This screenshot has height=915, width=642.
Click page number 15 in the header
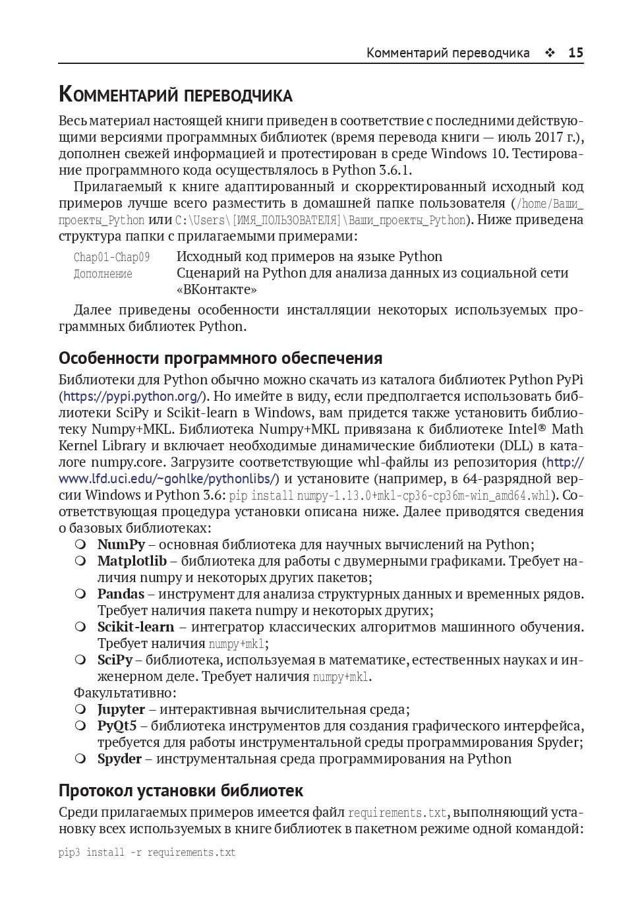click(575, 53)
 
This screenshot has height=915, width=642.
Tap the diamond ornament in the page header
click(550, 53)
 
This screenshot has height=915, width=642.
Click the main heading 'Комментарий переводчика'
click(175, 95)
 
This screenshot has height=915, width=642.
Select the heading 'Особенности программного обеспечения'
click(220, 358)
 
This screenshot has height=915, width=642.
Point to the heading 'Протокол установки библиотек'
click(181, 790)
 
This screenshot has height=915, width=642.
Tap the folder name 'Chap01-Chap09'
click(111, 257)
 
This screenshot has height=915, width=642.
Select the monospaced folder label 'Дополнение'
click(103, 274)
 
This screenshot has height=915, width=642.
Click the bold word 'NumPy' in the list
click(121, 545)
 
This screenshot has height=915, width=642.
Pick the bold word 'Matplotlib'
click(132, 561)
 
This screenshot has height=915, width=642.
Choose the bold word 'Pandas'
click(121, 594)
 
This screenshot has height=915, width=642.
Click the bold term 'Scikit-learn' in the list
click(136, 627)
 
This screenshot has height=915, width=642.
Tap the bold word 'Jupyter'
click(121, 709)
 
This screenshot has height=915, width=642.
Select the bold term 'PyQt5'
click(117, 726)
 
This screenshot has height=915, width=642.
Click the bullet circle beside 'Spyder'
click(80, 759)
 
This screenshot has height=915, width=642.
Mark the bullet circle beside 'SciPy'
click(80, 660)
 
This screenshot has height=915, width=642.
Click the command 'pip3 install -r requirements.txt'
click(147, 852)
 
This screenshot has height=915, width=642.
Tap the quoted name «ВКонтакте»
click(216, 289)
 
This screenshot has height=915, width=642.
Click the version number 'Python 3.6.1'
click(372, 170)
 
